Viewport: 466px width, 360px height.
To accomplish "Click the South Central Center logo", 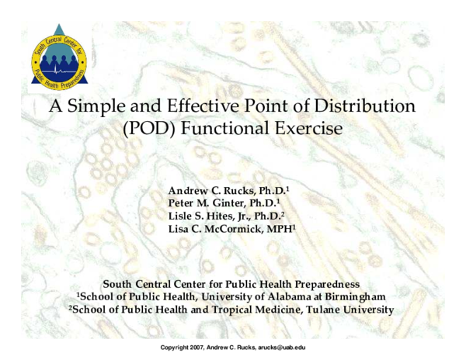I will coord(60,60).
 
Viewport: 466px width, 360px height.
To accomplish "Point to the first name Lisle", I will coord(181,216).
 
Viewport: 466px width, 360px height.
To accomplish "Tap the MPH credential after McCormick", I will coord(275,229).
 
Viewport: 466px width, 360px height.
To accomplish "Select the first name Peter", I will coord(183,203).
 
